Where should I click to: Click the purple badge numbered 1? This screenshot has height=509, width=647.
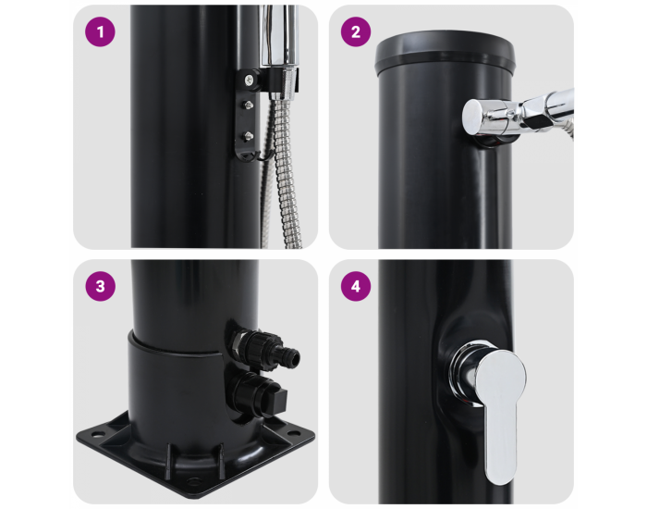pyautogui.click(x=100, y=31)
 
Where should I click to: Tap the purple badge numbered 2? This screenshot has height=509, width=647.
pyautogui.click(x=356, y=31)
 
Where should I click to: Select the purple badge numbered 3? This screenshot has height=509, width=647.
pyautogui.click(x=100, y=286)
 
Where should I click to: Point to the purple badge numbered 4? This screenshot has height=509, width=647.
pyautogui.click(x=356, y=286)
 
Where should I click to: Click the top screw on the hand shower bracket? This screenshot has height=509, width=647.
pyautogui.click(x=250, y=80)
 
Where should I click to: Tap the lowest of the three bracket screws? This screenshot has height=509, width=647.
pyautogui.click(x=249, y=135)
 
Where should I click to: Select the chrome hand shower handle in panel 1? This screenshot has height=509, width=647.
pyautogui.click(x=279, y=35)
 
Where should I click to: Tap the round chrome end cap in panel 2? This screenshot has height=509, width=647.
pyautogui.click(x=473, y=116)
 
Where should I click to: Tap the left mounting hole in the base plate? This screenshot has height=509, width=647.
pyautogui.click(x=98, y=435)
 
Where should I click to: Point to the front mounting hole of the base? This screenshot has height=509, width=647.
pyautogui.click(x=192, y=481)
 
